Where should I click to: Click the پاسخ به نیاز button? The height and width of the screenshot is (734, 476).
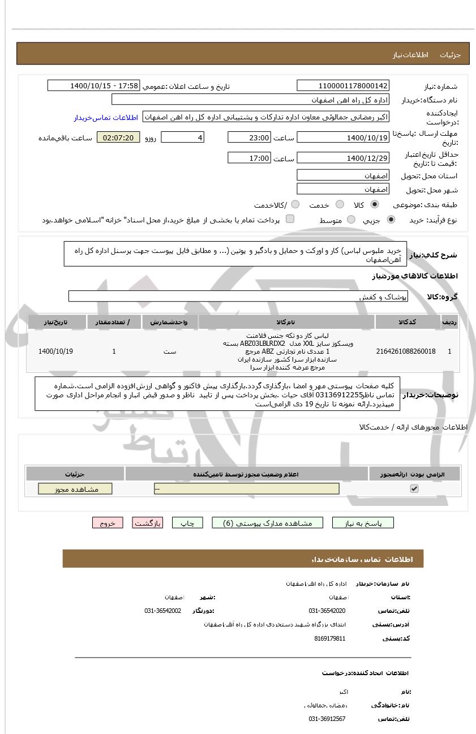pos(363,523)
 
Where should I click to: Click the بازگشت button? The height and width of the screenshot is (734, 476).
pos(148,523)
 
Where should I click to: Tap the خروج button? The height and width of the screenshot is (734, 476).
pos(108,523)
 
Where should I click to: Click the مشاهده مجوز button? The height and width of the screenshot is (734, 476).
pos(75,489)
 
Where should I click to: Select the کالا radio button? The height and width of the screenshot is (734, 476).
pos(375,205)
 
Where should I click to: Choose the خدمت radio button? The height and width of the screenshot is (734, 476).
pos(340,205)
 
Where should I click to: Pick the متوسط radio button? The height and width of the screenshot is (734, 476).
pos(351,220)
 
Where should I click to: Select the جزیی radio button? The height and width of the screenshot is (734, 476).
pos(391,220)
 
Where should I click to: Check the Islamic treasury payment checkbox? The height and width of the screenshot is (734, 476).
pos(290,220)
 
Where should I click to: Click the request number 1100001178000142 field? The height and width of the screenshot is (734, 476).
pos(343,86)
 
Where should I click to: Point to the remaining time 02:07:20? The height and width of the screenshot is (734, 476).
pos(118,138)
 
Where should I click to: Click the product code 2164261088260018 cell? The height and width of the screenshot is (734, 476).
pos(406,351)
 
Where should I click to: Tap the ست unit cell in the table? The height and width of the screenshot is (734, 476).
pos(170,351)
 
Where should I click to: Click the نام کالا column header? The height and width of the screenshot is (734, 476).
pos(286,322)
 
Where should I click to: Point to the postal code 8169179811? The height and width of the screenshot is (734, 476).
pos(329,638)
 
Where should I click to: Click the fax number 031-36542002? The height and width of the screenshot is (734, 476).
pos(163,611)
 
